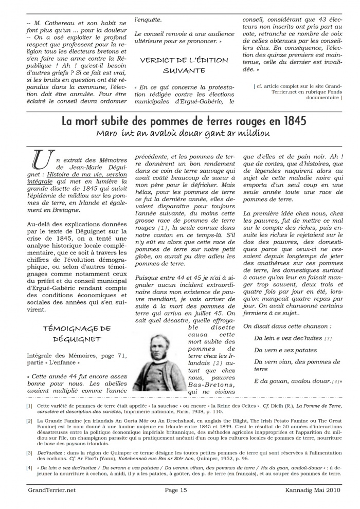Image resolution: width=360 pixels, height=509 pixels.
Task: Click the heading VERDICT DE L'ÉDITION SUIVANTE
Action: (184, 65)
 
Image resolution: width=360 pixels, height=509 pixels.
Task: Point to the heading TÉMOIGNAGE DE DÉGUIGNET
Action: (75, 333)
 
